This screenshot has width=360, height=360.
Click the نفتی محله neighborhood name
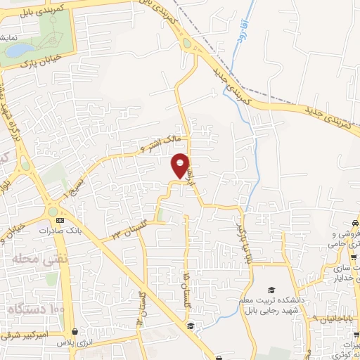click(29, 259)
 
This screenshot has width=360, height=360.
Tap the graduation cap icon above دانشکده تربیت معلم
click(271, 290)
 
